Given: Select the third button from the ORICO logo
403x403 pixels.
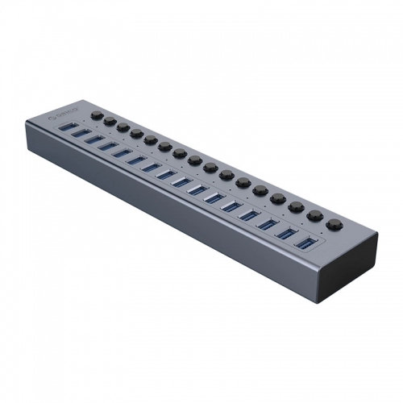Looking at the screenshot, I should (123, 127).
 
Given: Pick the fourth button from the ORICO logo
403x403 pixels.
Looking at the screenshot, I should (136, 132).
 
